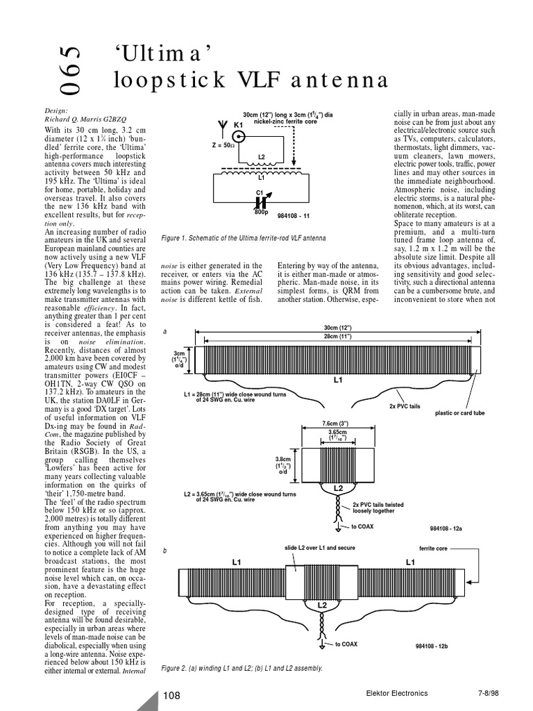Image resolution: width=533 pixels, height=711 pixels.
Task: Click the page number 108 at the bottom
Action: click(x=172, y=694)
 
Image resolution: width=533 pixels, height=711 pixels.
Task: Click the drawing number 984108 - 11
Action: click(x=294, y=216)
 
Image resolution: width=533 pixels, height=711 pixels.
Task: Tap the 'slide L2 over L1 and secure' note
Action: click(x=321, y=549)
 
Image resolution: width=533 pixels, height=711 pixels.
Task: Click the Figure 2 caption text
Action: click(x=242, y=668)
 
